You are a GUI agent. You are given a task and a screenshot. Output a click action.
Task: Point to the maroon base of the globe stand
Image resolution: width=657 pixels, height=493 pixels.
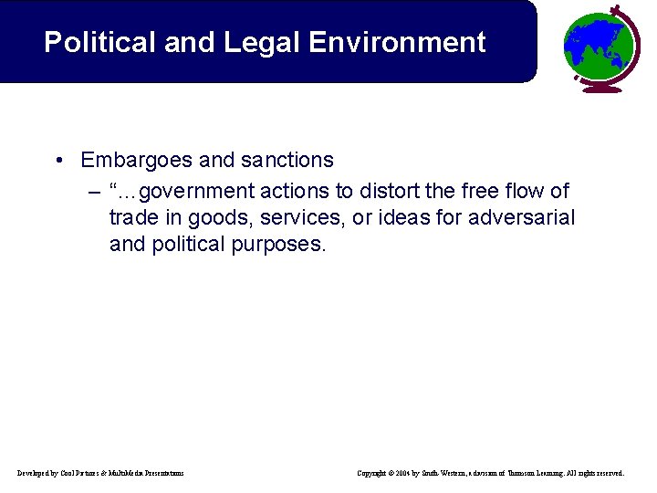[602, 88]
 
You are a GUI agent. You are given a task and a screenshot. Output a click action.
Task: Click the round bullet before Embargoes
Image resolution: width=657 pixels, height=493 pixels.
[58, 161]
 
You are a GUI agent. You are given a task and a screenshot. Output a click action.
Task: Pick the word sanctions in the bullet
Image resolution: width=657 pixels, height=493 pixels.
[289, 161]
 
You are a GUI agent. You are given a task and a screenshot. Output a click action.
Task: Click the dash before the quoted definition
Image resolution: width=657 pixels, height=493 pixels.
[94, 191]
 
